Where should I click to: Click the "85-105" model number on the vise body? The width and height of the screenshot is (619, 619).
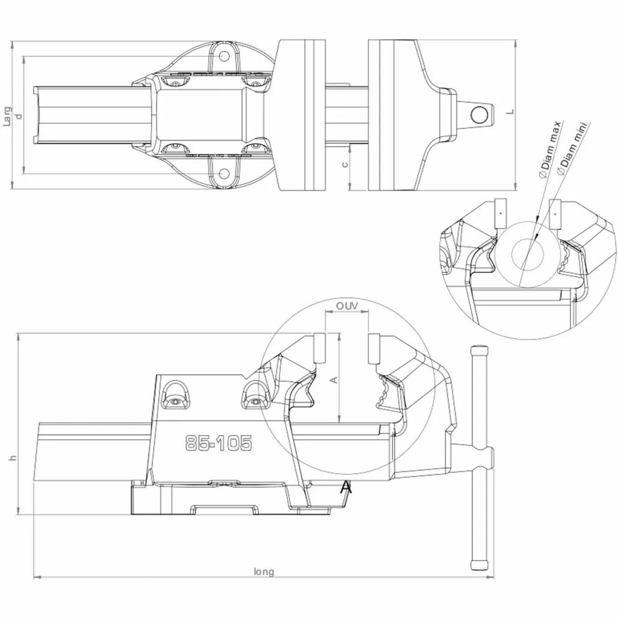(x=218, y=443)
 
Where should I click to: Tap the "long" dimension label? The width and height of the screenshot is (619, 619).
(x=264, y=572)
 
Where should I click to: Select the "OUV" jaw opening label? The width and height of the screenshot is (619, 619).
(x=347, y=306)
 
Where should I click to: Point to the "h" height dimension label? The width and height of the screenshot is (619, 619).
(x=13, y=458)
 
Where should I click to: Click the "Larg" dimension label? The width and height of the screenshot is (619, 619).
(x=7, y=117)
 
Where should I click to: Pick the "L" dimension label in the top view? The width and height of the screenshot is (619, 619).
(x=511, y=112)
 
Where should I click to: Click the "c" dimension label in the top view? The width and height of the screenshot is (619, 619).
(x=345, y=164)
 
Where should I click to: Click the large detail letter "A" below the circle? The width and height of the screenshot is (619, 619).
(x=346, y=487)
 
